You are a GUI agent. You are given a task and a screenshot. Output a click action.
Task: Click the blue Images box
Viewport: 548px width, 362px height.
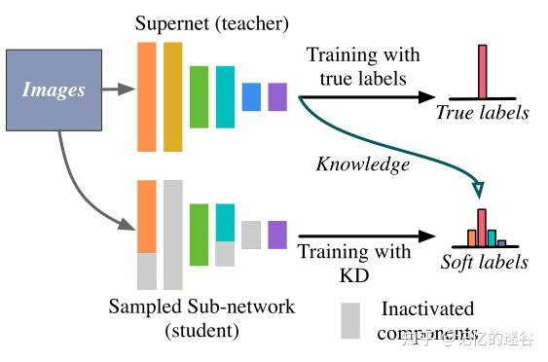(x=55, y=90)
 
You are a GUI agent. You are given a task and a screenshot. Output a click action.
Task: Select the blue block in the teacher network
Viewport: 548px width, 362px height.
(x=251, y=96)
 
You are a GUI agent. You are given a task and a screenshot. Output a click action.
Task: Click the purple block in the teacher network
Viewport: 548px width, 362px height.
(x=277, y=96)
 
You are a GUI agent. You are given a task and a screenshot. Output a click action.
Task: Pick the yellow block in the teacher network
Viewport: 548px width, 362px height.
(x=173, y=95)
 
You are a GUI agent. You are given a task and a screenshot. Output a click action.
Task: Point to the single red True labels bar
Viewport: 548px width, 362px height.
(x=482, y=70)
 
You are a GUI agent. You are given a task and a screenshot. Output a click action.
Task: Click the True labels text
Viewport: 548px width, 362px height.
(x=483, y=113)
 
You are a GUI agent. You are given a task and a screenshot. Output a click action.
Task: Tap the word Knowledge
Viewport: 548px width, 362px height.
(x=362, y=164)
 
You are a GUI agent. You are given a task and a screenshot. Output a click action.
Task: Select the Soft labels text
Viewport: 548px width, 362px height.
(x=484, y=262)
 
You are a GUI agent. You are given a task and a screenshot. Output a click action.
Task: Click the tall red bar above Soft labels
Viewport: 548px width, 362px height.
(x=481, y=227)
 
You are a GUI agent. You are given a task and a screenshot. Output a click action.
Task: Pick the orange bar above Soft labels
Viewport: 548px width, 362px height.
(x=471, y=236)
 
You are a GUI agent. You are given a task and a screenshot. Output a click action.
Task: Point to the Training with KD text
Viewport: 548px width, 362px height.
(x=354, y=263)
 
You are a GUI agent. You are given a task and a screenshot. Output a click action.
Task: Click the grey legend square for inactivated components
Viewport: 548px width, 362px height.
(x=350, y=321)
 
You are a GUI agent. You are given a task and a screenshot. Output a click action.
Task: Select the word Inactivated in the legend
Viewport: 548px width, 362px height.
(x=427, y=309)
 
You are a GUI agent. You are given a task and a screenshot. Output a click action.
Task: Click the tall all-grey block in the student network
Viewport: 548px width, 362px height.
(x=173, y=234)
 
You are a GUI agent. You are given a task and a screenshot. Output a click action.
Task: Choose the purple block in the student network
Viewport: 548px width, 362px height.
(x=277, y=235)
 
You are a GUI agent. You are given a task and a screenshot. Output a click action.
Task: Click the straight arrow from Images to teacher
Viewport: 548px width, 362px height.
(x=117, y=90)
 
